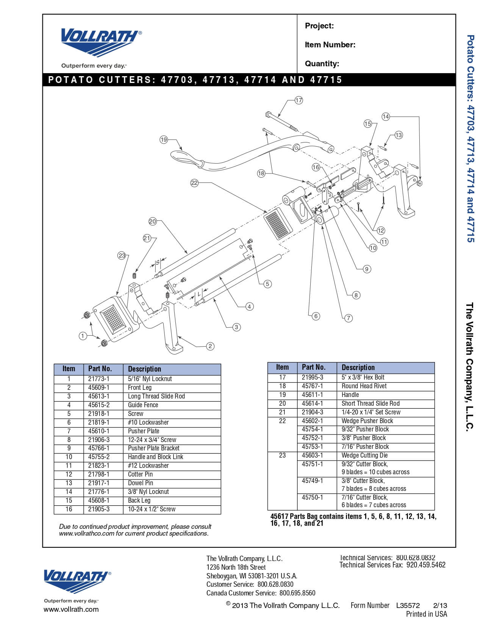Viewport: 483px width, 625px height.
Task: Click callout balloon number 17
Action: point(299,100)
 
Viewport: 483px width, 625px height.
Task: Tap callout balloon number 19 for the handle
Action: point(163,140)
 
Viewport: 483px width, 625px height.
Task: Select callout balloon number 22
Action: point(194,183)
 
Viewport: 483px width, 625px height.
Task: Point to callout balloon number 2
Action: point(210,346)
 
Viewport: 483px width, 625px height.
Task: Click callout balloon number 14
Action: point(386,117)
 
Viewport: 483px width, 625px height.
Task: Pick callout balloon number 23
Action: point(122,256)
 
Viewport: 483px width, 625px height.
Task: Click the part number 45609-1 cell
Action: point(98,387)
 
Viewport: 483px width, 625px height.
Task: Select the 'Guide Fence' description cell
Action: point(143,405)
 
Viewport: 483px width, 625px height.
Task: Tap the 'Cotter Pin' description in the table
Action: point(140,474)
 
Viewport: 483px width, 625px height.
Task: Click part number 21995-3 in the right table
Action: point(313,377)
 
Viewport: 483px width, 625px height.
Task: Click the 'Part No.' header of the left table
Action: point(100,369)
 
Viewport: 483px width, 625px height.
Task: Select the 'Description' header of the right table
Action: point(358,367)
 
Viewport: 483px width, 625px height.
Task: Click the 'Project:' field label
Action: point(319,26)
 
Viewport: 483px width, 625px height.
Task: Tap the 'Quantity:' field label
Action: point(322,64)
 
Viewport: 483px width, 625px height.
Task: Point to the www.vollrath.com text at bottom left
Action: point(71,609)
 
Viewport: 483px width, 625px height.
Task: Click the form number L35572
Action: point(408,605)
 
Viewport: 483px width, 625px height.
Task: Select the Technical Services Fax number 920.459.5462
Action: point(426,565)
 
